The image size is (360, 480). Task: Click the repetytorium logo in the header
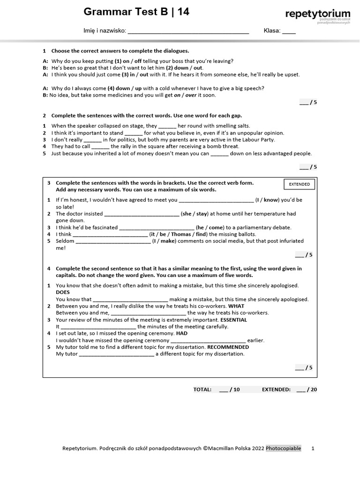coord(317,15)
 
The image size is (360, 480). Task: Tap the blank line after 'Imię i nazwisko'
coord(188,31)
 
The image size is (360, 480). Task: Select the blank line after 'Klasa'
coord(289,31)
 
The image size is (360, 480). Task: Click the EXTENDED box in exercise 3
coord(299,184)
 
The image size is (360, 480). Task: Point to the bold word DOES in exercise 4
coord(63,292)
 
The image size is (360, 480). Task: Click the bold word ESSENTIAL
coord(233,320)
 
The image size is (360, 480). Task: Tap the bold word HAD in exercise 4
coord(182,333)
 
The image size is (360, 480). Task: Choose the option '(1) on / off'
coord(128,61)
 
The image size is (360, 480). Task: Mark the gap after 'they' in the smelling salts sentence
coord(167,126)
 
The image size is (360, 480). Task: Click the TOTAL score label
coord(202,389)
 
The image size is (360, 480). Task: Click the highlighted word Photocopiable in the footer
coord(284,448)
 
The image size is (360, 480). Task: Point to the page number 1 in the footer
coord(313,448)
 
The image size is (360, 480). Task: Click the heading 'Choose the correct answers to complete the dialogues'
coord(120,51)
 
